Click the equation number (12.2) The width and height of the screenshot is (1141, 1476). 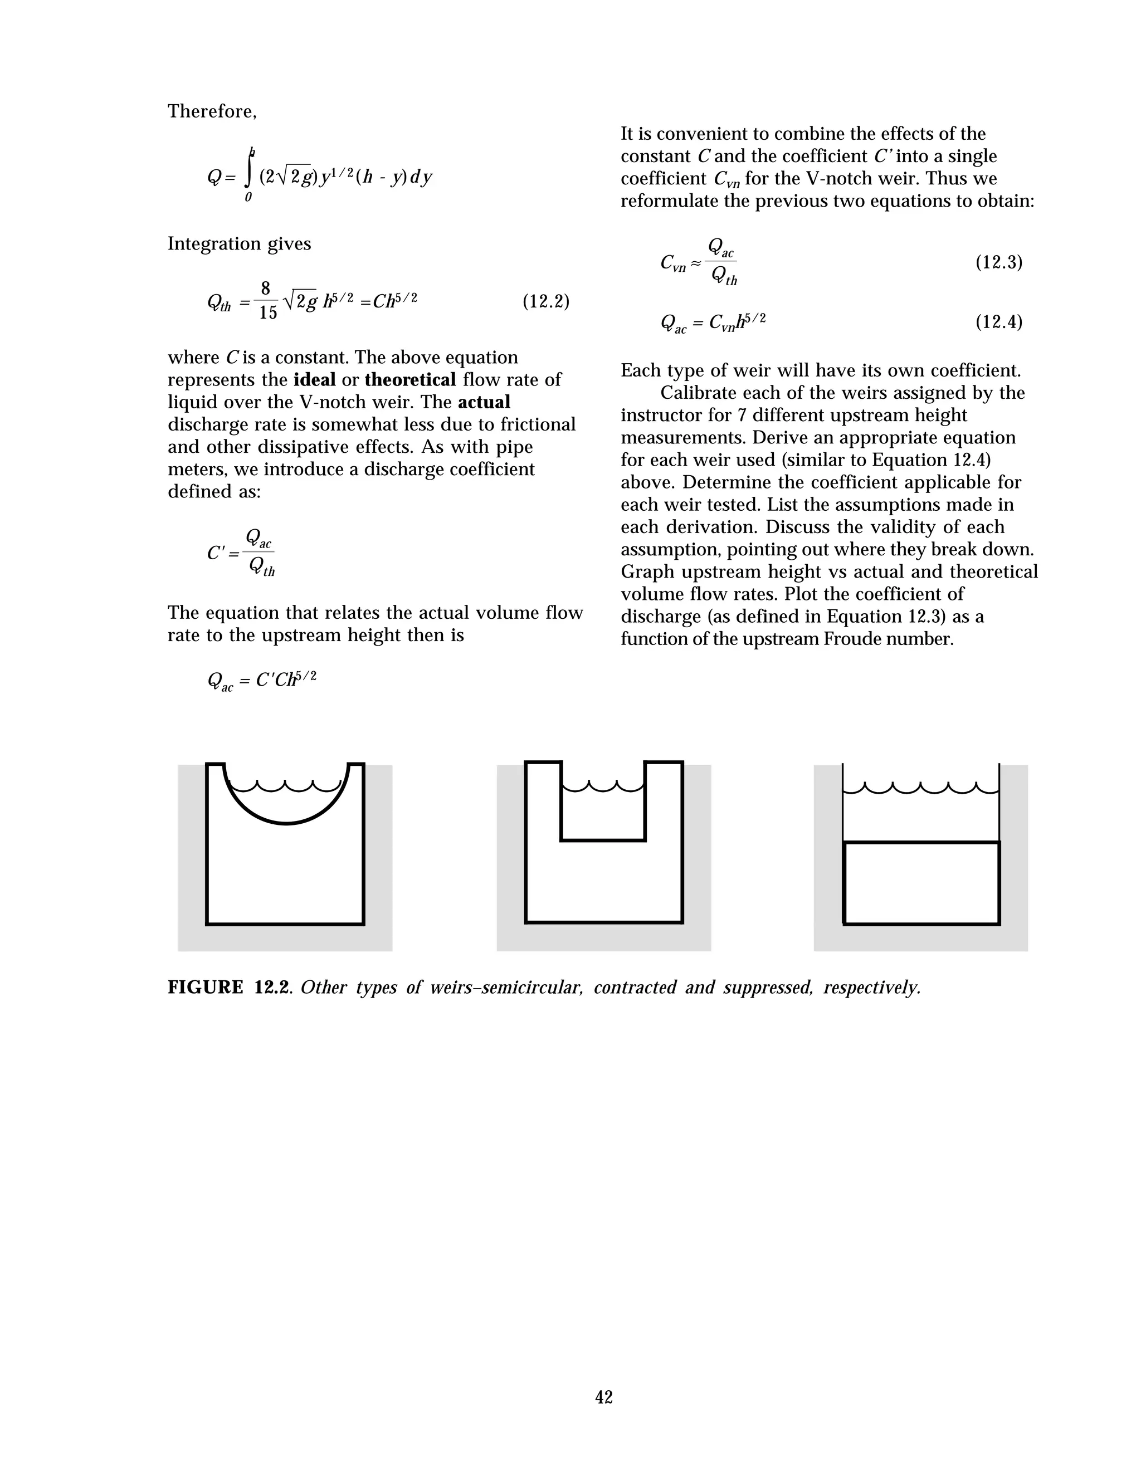tap(545, 301)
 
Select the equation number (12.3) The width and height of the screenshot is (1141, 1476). tap(998, 262)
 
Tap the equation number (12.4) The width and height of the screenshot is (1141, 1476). tap(998, 322)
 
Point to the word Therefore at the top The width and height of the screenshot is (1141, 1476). tap(211, 111)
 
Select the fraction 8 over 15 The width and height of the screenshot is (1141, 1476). tap(267, 301)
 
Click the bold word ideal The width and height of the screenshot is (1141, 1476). tap(314, 380)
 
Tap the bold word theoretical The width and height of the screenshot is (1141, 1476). tap(410, 380)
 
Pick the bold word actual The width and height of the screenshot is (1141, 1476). tap(484, 402)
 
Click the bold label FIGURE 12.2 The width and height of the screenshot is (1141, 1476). tap(229, 988)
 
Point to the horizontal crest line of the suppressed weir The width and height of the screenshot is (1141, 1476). tap(922, 843)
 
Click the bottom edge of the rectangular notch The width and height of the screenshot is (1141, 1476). tap(603, 840)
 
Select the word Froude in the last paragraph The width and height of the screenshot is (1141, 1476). tap(853, 639)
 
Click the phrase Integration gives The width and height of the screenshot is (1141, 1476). tap(239, 244)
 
